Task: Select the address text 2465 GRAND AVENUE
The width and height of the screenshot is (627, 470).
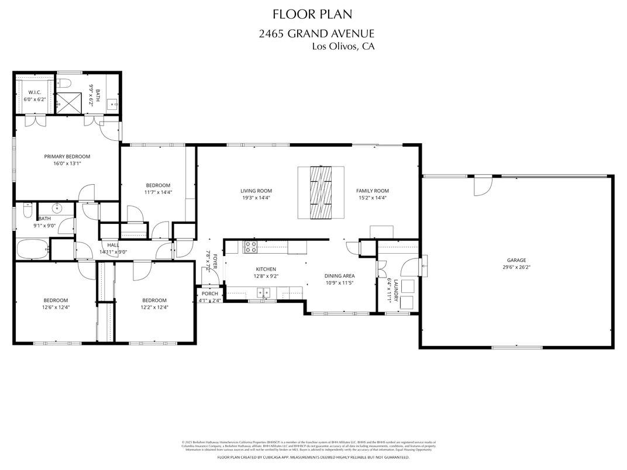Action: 316,34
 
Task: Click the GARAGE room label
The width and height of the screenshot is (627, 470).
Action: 516,260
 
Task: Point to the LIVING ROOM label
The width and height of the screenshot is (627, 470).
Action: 256,191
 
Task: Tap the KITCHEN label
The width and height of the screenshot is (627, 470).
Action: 261,269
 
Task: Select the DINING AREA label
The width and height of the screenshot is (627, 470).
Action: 340,276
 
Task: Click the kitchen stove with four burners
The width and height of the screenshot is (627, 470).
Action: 250,247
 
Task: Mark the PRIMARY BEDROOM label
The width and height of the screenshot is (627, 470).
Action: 67,156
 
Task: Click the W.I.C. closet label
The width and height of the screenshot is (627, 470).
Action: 34,92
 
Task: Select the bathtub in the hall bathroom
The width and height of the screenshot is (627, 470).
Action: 33,250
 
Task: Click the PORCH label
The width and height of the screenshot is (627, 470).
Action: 209,293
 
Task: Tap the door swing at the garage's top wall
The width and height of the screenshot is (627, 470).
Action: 482,186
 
